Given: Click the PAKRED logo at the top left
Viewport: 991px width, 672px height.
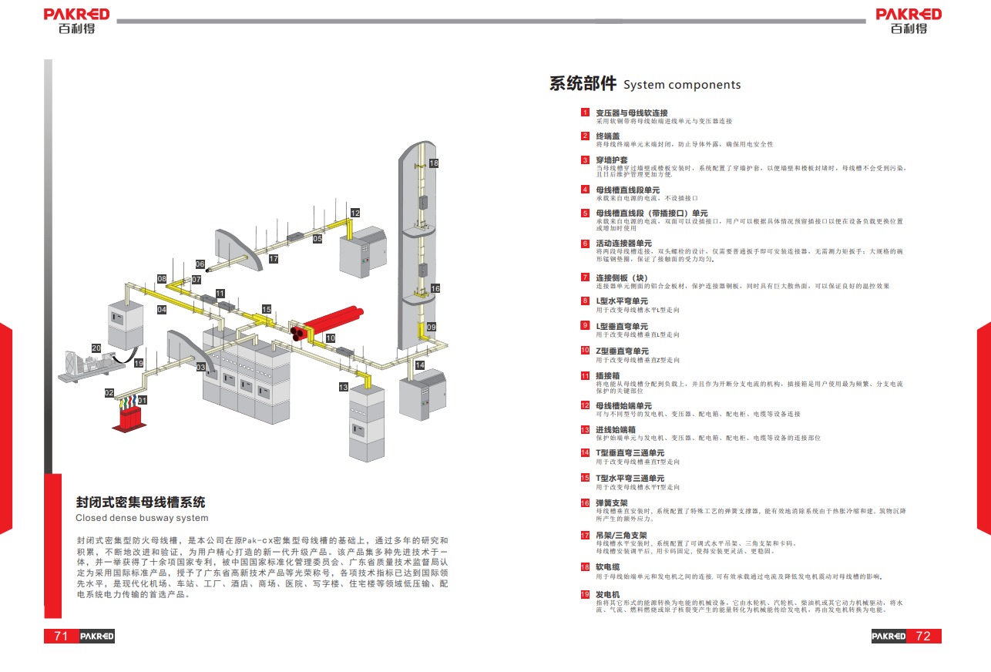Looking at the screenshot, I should coord(76,21).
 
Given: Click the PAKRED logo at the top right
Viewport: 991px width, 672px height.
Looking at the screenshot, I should coord(909,21).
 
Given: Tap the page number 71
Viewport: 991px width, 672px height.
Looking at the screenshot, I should coord(62,636).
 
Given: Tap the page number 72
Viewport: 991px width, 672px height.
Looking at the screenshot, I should coord(922,636).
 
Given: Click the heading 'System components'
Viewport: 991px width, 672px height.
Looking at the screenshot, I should coord(681,85).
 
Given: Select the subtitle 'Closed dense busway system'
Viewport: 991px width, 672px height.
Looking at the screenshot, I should coord(142,518).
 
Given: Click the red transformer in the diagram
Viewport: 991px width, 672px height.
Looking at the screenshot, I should coord(132,421).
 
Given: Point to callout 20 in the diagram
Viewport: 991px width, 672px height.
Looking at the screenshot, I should coord(96,348).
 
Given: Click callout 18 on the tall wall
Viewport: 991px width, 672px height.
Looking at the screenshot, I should coord(434,163).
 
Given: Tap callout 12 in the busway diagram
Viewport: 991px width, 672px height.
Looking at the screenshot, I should coord(355,213).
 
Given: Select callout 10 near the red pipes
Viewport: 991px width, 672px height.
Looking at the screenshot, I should coord(331,338).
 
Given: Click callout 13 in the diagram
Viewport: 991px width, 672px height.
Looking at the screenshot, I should coord(344,386).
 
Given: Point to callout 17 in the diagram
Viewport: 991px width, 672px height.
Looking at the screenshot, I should coord(274,259).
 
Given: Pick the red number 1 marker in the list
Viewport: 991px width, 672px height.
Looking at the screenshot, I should coord(586,113).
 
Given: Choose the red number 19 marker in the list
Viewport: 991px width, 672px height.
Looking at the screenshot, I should coord(586,594).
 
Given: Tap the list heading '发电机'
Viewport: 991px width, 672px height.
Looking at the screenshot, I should coord(607,595).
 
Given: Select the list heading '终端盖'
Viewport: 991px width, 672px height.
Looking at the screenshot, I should coord(607,136).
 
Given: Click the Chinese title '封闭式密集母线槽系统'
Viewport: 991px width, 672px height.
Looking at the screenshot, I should coord(140,502).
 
